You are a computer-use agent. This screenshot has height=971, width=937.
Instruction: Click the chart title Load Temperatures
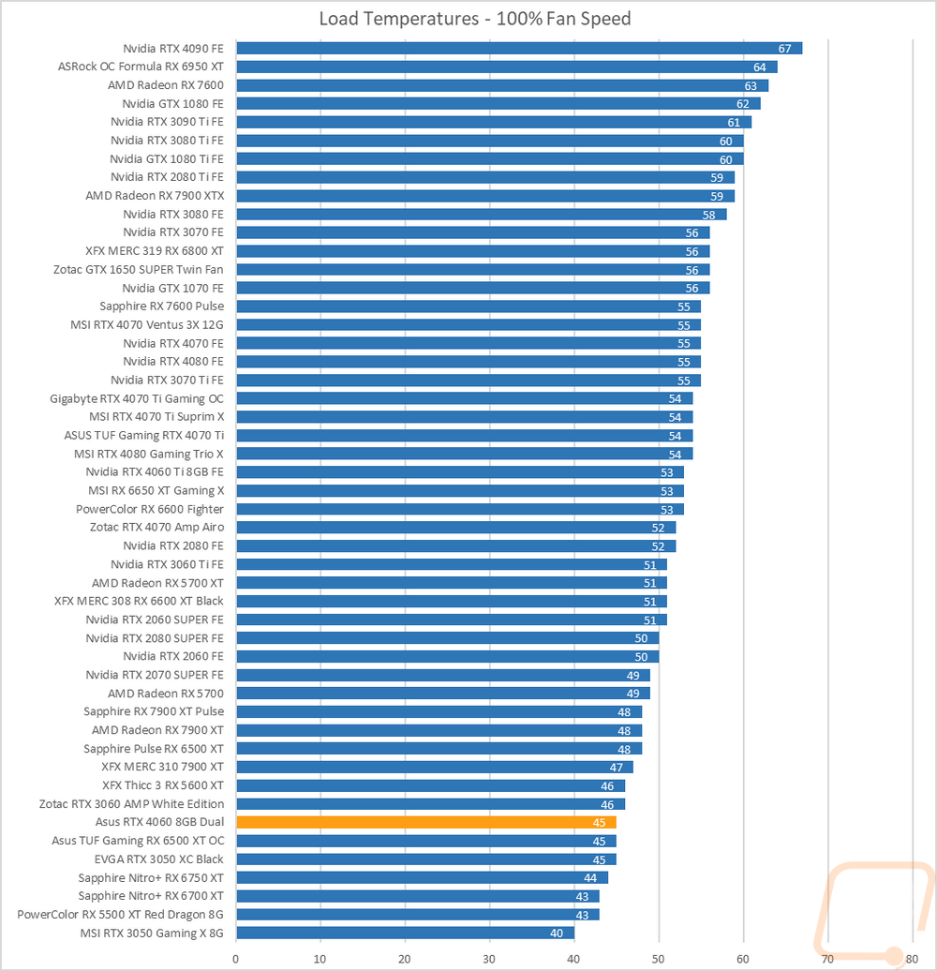tap(474, 19)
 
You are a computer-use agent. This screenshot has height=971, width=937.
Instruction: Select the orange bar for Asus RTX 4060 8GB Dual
tap(425, 822)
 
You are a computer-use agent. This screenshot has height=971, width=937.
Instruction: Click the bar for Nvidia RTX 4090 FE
tap(519, 49)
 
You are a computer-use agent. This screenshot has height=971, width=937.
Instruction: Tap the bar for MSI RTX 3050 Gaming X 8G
tap(405, 933)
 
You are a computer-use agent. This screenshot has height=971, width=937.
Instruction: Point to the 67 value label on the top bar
tap(785, 49)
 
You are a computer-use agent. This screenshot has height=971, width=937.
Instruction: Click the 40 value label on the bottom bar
tap(557, 933)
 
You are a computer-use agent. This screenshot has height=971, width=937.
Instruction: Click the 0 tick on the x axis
tap(236, 957)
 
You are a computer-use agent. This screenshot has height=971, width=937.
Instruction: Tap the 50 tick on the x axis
tap(659, 957)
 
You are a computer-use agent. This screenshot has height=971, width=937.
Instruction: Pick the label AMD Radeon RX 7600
tap(166, 85)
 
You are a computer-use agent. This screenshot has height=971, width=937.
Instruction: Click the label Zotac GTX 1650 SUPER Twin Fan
tap(139, 269)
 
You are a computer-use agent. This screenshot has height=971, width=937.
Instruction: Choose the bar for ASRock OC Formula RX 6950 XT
tap(507, 67)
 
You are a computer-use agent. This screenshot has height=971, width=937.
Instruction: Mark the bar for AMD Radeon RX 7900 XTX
tap(485, 196)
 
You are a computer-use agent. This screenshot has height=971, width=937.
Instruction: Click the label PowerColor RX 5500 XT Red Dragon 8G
tap(121, 914)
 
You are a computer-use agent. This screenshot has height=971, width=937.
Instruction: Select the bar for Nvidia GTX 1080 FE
tap(498, 104)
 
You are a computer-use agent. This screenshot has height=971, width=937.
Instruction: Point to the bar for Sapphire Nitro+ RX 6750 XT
tap(422, 877)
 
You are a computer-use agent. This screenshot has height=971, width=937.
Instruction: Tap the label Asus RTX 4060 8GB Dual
tap(159, 822)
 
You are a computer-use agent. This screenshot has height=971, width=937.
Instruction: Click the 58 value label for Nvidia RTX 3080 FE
tap(709, 215)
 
